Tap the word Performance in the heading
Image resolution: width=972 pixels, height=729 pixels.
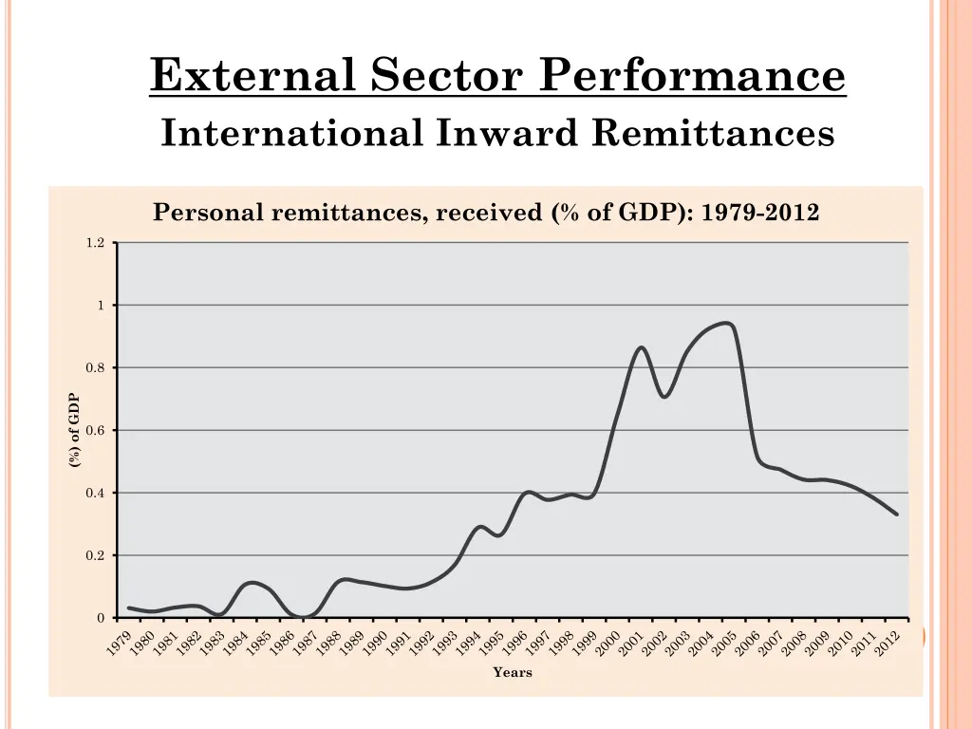692,76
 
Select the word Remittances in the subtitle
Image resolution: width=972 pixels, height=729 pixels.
712,133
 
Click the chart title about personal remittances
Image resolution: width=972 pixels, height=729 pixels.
486,213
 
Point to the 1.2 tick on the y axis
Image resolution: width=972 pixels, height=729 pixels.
95,243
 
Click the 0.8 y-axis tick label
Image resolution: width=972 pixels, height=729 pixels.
95,368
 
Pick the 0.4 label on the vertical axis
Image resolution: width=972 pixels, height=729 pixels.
95,494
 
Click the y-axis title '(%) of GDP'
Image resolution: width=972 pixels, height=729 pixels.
74,430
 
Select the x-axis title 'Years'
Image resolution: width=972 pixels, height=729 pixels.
513,673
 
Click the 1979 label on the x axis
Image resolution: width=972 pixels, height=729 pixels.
118,643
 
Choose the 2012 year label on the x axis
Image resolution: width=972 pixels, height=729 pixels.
887,643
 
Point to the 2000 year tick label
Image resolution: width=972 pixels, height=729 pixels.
607,643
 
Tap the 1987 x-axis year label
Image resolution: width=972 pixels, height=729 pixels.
305,643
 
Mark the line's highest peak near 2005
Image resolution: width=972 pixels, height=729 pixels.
726,323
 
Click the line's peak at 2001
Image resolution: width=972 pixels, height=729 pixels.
642,347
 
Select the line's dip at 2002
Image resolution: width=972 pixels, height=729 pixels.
664,397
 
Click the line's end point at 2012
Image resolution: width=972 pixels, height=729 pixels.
897,514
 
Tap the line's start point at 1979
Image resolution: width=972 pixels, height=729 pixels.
128,607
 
